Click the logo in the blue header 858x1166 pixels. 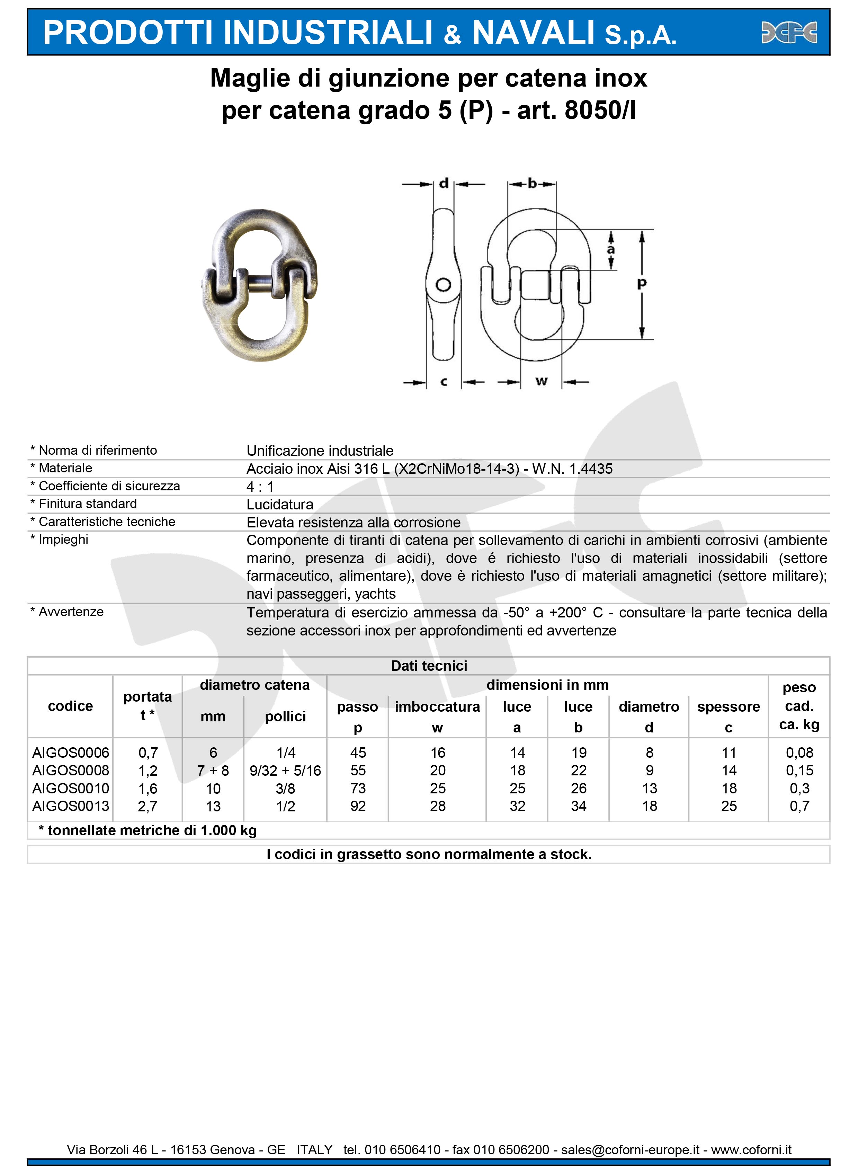789,32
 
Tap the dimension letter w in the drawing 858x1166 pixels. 542,381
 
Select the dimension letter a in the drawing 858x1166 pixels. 611,250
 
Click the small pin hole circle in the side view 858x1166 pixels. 443,285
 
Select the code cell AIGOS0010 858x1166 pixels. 71,789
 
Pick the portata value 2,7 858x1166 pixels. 148,806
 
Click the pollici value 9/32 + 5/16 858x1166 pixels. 285,771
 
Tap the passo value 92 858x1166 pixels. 358,806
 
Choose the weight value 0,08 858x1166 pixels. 799,753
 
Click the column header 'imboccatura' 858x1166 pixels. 437,707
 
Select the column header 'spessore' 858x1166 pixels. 728,707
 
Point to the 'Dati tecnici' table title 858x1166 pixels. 429,666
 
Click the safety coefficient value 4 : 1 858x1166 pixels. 260,487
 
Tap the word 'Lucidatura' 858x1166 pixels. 280,504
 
